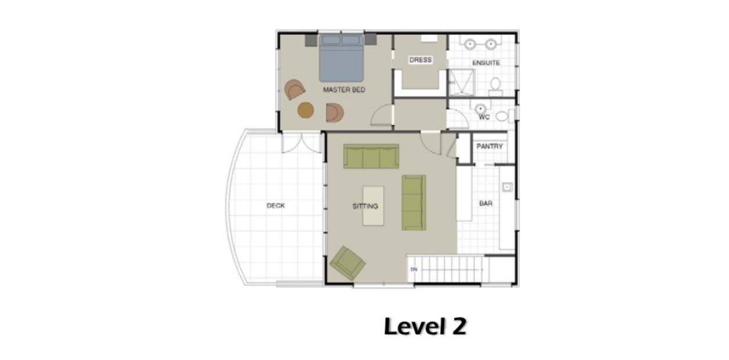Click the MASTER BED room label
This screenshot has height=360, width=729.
(344, 90)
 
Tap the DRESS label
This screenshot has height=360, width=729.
(420, 60)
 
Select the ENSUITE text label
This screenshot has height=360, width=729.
(486, 63)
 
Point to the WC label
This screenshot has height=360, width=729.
(484, 117)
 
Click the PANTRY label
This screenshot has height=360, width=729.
(489, 147)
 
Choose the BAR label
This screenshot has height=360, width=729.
(486, 204)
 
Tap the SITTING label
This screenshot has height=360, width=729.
(365, 206)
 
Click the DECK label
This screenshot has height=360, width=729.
(275, 206)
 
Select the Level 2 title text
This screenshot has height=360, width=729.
(425, 327)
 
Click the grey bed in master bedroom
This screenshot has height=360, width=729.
(342, 58)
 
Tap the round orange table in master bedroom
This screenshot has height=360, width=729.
(306, 110)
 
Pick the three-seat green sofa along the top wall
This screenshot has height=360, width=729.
(371, 157)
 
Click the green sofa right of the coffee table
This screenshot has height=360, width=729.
(414, 202)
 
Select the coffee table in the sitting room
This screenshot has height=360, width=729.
(373, 205)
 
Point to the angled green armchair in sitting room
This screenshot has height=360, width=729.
(348, 263)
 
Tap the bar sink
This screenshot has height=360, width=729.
(507, 187)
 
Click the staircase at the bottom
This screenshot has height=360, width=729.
(447, 269)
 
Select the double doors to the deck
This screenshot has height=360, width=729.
(301, 142)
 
